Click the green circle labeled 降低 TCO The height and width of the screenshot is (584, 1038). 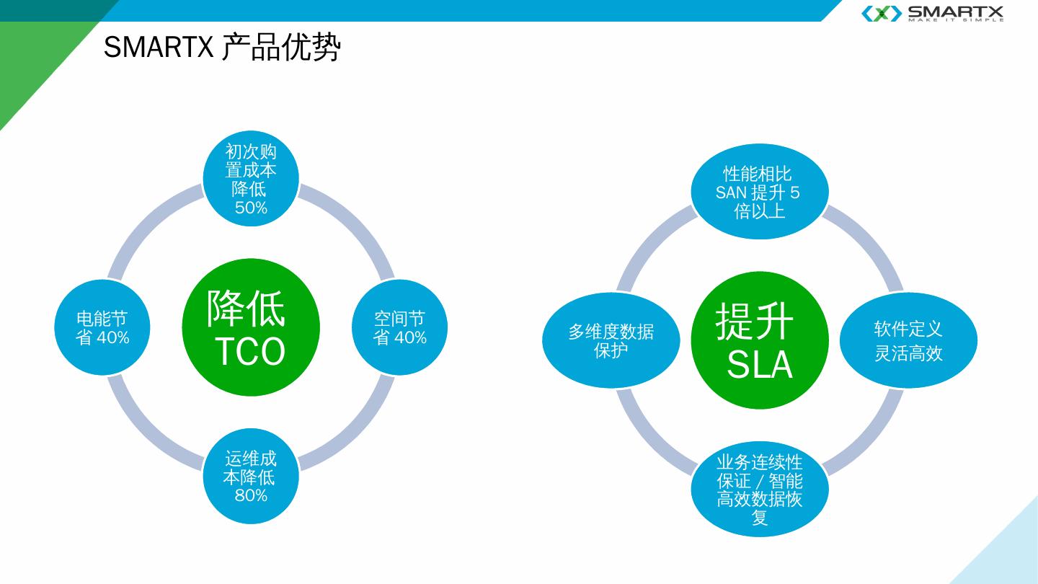point(250,327)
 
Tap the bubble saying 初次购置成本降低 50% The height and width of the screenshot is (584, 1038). point(250,180)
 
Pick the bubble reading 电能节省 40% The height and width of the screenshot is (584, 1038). point(102,327)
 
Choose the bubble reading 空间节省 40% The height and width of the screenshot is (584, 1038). point(399,327)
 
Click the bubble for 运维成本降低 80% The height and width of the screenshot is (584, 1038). point(250,476)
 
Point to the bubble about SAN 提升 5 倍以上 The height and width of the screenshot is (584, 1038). point(760,192)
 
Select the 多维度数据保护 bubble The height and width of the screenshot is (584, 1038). point(611,340)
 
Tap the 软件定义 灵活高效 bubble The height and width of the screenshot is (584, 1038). point(908,340)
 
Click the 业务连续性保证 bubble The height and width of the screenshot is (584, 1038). point(760,490)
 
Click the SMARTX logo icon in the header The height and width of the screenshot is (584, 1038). point(881,13)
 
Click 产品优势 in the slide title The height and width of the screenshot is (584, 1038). point(280,48)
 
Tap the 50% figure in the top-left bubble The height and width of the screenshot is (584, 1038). point(251,208)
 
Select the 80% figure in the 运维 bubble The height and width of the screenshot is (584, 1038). point(251,495)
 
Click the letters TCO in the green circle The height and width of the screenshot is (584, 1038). point(250,352)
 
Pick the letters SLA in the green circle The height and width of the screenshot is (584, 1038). point(760,365)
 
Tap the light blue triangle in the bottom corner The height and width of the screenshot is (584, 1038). point(1009,555)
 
